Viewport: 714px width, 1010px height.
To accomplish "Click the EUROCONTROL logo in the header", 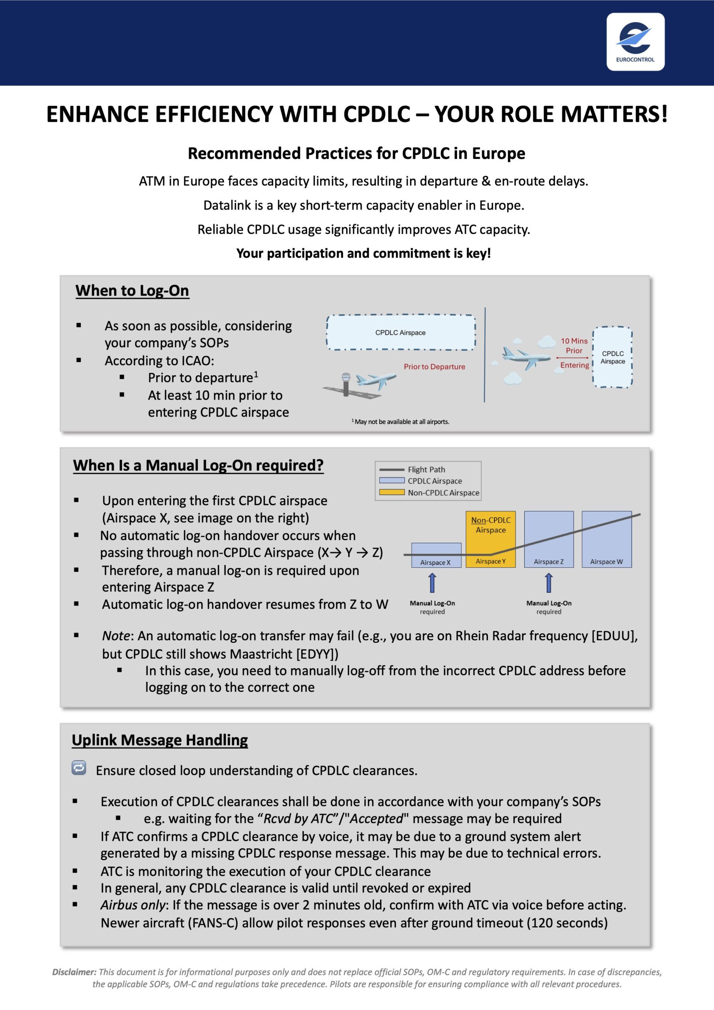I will [635, 41].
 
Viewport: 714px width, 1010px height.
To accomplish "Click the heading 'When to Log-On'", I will [132, 291].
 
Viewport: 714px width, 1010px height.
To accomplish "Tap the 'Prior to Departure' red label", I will [434, 367].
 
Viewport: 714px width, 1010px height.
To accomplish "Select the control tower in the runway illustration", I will [346, 383].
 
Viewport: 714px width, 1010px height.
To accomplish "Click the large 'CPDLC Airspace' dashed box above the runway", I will [400, 333].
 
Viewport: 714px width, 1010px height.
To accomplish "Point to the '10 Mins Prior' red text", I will [573, 346].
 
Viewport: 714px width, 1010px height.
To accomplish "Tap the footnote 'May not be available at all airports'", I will [401, 421].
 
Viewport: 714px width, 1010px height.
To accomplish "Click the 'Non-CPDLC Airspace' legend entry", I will [443, 493].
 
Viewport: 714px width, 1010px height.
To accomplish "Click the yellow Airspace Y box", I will [490, 539].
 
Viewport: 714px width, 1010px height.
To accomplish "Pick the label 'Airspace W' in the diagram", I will [606, 562].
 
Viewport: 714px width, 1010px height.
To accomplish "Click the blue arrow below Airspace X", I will [432, 583].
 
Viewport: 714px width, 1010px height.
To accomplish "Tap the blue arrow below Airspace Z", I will [549, 583].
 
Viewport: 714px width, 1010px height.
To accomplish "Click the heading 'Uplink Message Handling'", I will [160, 740].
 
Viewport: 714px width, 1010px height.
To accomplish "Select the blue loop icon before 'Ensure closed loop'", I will [79, 768].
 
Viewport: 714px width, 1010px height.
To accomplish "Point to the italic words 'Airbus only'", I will [133, 905].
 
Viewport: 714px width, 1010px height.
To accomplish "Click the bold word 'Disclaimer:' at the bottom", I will [74, 972].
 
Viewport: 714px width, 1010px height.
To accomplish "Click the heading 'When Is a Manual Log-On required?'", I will [198, 466].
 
